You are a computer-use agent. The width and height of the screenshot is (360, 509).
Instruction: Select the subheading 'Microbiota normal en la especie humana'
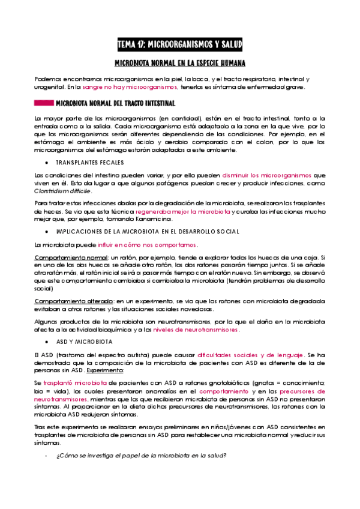point(180,63)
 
